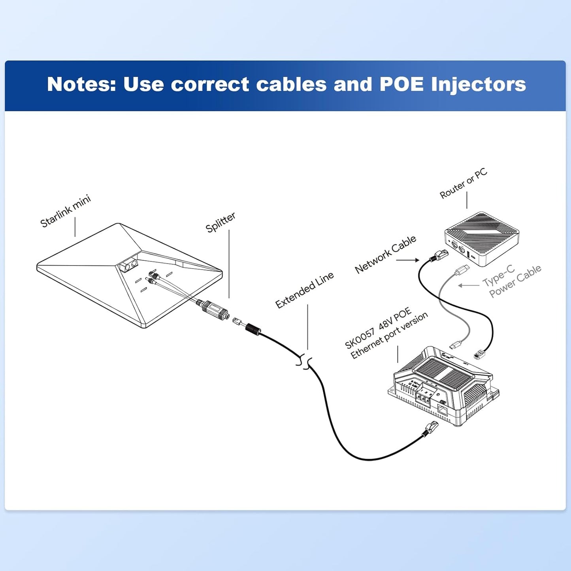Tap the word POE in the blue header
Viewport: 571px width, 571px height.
tap(401, 84)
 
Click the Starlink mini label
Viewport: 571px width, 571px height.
tap(66, 211)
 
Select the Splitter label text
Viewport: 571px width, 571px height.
tap(220, 222)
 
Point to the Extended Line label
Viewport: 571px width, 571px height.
tap(304, 290)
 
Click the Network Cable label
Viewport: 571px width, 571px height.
tap(385, 254)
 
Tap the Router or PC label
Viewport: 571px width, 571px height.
tap(463, 183)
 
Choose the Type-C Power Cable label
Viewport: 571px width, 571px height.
tap(512, 281)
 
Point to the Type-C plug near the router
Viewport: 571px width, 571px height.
tap(462, 271)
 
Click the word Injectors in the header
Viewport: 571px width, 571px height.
tap(479, 84)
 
